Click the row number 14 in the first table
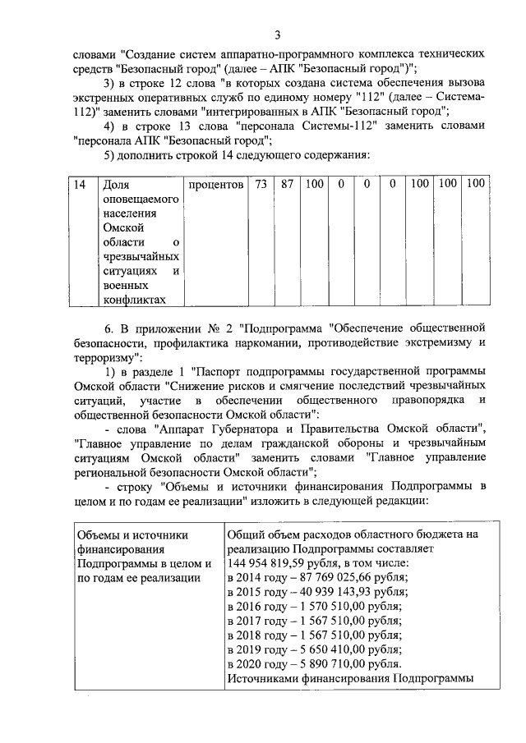click(81, 186)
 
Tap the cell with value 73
click(261, 186)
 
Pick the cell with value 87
click(287, 186)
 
